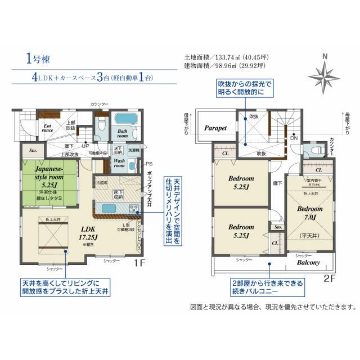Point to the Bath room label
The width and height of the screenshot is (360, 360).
pos(123,133)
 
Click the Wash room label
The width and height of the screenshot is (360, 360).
pos(119,164)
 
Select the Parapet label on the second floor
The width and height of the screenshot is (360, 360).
pos(215,128)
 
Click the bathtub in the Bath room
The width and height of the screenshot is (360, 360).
pos(123,121)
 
